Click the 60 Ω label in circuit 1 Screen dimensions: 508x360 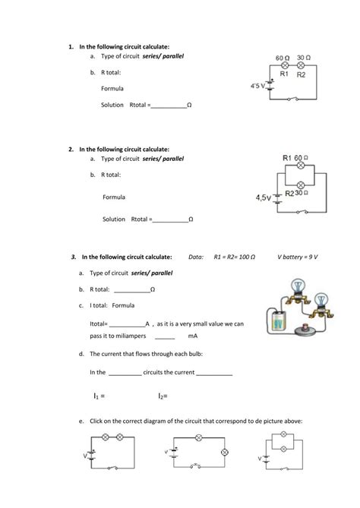click(x=282, y=58)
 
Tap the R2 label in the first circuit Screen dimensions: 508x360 click(x=301, y=75)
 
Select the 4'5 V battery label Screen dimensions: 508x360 click(x=258, y=86)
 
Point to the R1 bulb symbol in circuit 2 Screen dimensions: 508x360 click(x=299, y=165)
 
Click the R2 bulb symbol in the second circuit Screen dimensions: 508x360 click(x=299, y=183)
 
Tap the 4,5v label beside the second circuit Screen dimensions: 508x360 click(x=263, y=197)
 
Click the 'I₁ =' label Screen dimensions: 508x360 click(x=98, y=396)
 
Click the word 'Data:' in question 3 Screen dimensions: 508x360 click(x=196, y=257)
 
